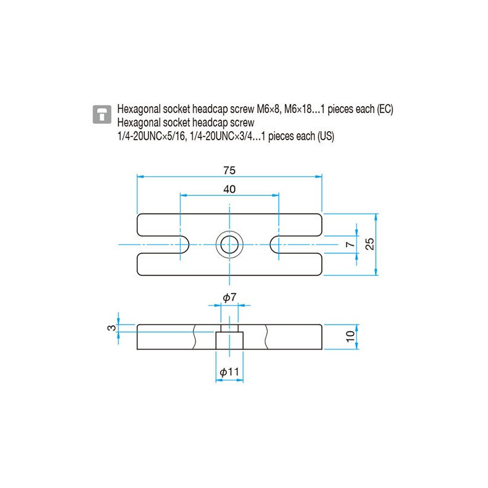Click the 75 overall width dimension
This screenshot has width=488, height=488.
pos(229,170)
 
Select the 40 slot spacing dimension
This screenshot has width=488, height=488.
pos(229,189)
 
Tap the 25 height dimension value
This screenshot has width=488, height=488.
pos(368,244)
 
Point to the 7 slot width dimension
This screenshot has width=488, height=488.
pos(349,244)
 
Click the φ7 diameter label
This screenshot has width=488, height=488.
pos(229,298)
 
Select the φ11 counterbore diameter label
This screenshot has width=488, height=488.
pos(229,371)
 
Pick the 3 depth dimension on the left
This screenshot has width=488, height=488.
pos(110,328)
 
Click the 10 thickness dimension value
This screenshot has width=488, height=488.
pos(350,337)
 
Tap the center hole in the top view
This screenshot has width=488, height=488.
pos(229,244)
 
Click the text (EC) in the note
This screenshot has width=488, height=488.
pos(385,109)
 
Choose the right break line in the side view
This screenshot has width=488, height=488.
pos(266,337)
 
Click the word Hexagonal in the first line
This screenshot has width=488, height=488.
pos(137,109)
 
